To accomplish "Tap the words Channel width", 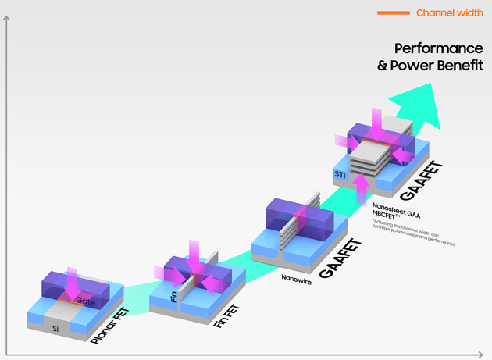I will tap(448, 13).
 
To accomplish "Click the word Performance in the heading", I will tap(438, 49).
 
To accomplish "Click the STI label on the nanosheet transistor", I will tap(340, 174).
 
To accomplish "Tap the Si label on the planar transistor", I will tap(55, 330).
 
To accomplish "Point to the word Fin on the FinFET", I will tap(174, 297).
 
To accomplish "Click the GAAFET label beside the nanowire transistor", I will tap(337, 258).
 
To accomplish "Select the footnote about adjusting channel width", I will tap(414, 232).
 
